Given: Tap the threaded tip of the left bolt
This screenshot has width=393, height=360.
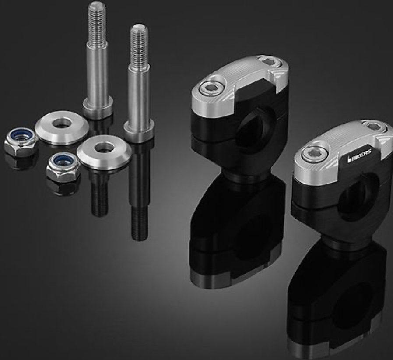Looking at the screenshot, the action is click(x=96, y=22).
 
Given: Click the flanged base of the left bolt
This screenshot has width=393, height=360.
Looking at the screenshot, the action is click(x=98, y=108).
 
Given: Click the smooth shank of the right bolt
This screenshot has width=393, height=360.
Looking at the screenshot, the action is click(x=139, y=92).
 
